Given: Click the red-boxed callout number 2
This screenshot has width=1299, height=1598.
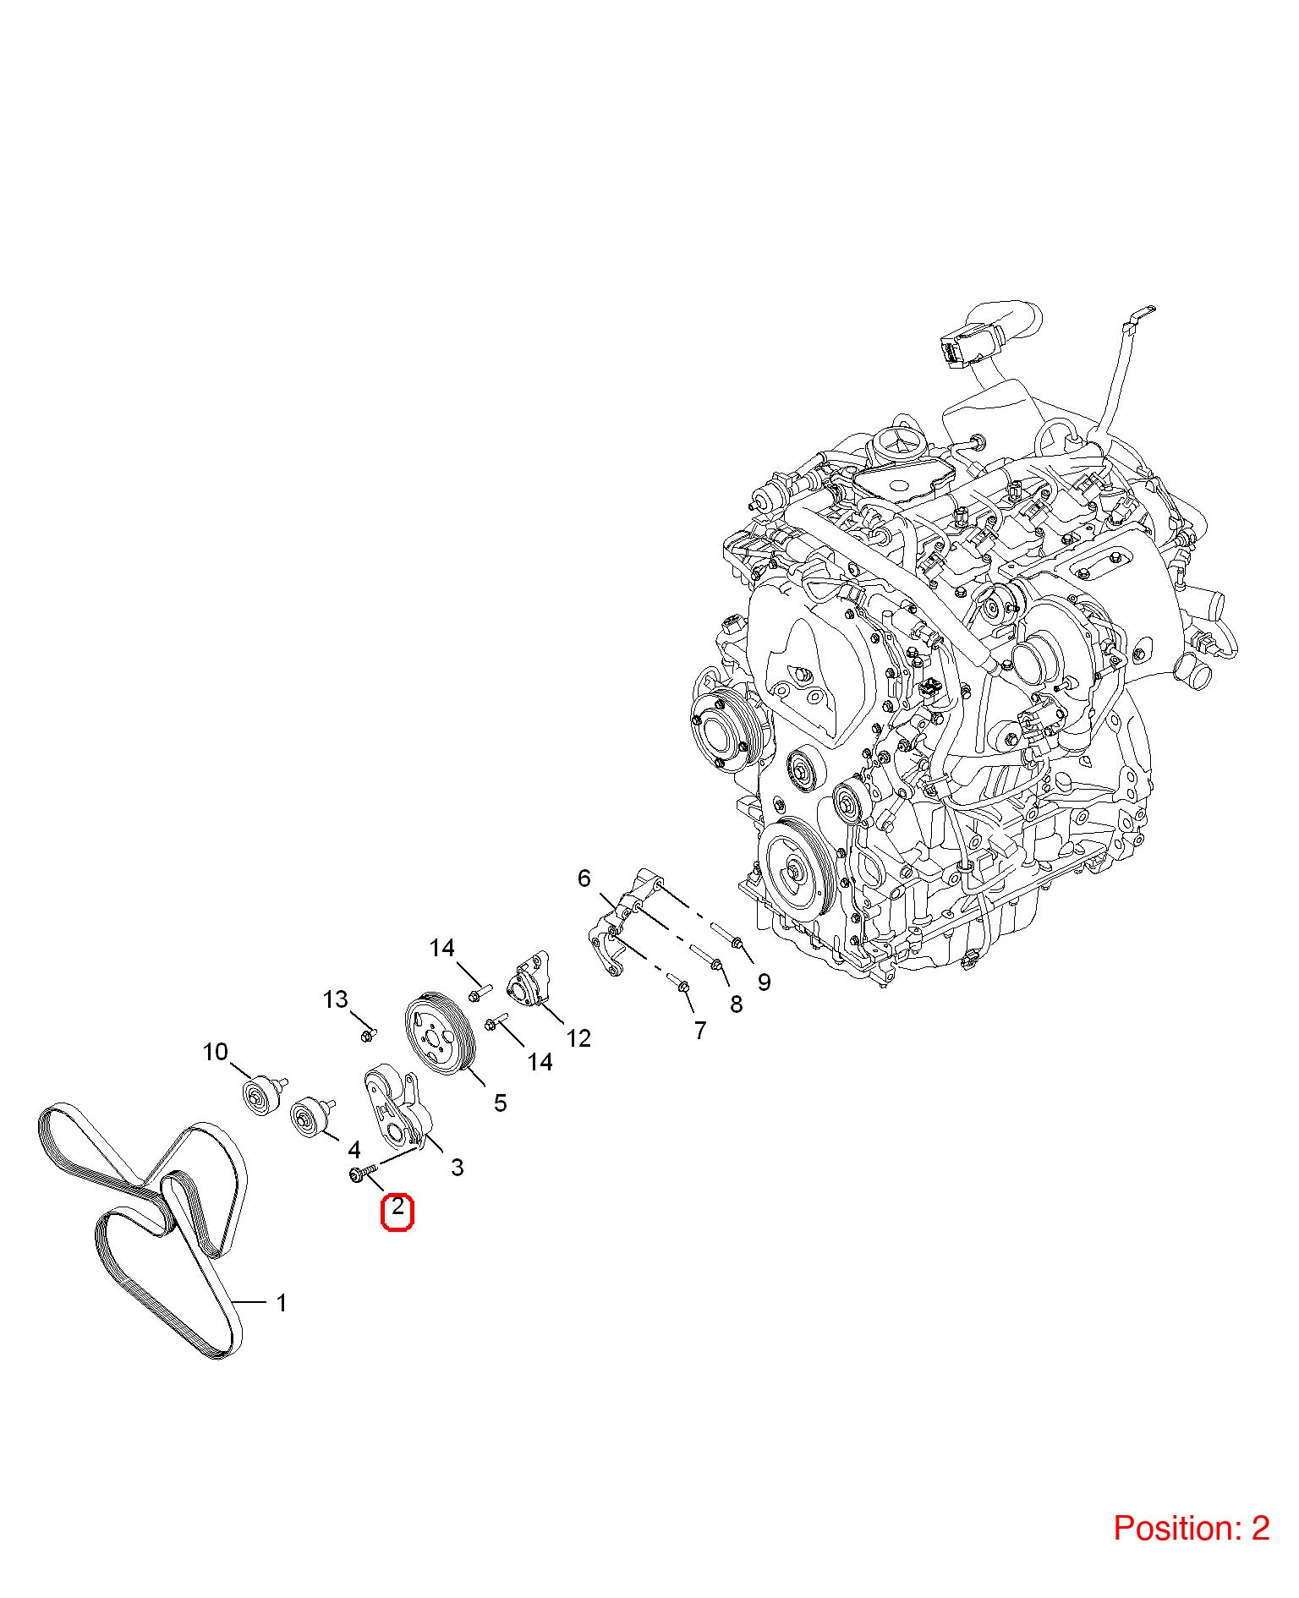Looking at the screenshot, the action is tap(397, 1209).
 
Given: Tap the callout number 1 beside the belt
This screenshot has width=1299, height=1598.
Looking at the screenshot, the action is tap(282, 1303).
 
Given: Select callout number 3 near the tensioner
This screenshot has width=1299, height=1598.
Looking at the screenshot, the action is tap(458, 1168).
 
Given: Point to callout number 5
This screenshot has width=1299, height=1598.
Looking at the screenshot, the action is tap(501, 1103).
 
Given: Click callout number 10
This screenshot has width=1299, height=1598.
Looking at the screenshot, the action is tap(216, 1052).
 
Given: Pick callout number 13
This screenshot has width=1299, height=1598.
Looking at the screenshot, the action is tap(335, 999).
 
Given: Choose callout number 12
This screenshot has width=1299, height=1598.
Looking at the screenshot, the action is tap(578, 1038).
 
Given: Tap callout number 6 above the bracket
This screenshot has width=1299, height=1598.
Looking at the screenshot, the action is tap(584, 878).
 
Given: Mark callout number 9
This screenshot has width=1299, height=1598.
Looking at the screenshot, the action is tap(765, 982).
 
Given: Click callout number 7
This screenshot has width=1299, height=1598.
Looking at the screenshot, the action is tap(700, 1031).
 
